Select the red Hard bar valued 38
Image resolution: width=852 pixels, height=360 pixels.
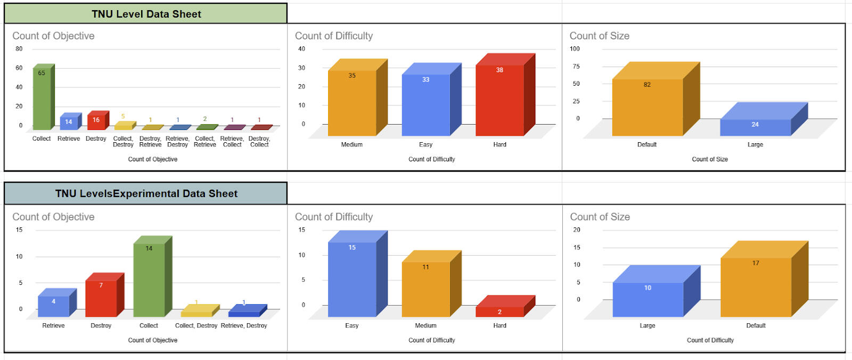(x=499, y=101)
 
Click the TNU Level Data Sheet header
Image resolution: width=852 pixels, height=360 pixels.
(x=146, y=14)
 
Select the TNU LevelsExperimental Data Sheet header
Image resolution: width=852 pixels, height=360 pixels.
(x=146, y=193)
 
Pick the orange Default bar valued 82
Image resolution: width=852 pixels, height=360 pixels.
(x=647, y=107)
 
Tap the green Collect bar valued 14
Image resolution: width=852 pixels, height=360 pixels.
(x=149, y=280)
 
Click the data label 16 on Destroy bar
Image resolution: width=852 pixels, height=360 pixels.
(x=96, y=120)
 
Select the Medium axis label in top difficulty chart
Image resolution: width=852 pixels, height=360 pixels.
(x=351, y=144)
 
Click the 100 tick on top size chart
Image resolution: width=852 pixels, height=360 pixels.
(x=575, y=48)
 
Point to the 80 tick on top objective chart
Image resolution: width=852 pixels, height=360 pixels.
(x=19, y=48)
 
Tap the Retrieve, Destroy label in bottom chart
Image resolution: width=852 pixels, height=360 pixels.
(x=244, y=325)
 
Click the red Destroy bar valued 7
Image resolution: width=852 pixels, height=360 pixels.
(x=101, y=298)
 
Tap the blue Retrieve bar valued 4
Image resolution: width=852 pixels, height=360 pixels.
(x=53, y=306)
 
